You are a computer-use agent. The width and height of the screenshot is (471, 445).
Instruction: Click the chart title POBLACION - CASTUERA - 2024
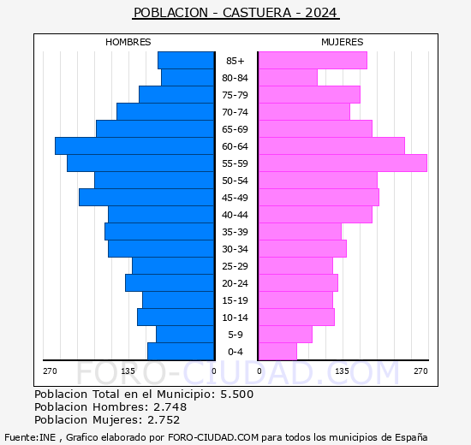click(235, 13)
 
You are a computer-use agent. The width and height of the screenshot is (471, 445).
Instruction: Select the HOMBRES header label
click(128, 42)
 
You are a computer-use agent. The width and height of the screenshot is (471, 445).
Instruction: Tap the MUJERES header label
click(342, 42)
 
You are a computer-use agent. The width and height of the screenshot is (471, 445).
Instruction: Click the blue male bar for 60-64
click(134, 146)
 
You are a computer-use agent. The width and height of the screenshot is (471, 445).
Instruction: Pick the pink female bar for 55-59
click(342, 163)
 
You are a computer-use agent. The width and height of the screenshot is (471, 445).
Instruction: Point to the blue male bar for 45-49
click(146, 198)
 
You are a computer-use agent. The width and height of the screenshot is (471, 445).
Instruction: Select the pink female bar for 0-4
click(277, 352)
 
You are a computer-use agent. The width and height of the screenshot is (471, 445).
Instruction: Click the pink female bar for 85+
click(312, 61)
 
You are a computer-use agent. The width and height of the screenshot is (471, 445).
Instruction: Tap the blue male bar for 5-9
click(185, 335)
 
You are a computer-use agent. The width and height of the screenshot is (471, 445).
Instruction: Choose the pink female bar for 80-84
click(287, 78)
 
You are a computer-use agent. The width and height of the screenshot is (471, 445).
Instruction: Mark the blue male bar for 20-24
click(170, 283)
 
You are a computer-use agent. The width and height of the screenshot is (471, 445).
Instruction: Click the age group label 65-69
click(235, 129)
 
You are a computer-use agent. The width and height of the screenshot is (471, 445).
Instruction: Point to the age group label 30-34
click(235, 249)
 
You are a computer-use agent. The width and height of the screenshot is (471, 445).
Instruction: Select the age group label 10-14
click(235, 317)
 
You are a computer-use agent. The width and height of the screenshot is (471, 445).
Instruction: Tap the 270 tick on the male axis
click(50, 371)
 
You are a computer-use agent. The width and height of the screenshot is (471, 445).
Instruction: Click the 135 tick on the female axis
click(342, 371)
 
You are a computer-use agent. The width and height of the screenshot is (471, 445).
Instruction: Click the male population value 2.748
click(164, 407)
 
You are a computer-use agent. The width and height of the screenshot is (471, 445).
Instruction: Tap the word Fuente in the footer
click(21, 437)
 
